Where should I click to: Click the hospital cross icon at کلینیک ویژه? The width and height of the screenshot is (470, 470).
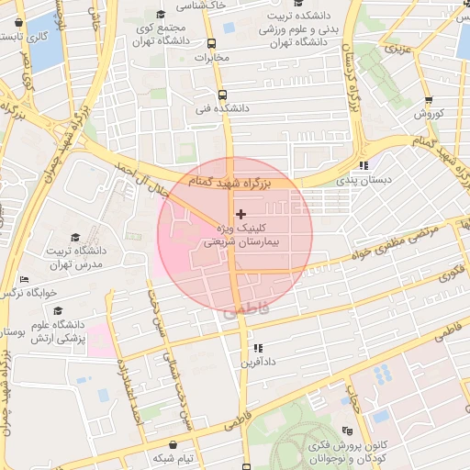(x=241, y=213)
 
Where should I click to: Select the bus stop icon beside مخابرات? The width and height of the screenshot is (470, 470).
(x=212, y=43)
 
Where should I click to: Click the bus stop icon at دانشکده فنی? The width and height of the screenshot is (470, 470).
(x=221, y=94)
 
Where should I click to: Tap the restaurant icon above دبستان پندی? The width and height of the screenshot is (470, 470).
(x=364, y=166)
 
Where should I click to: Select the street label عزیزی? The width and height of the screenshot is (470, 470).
(x=397, y=48)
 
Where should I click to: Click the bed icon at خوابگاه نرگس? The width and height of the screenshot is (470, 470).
(x=25, y=279)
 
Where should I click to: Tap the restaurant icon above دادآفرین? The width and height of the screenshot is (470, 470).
(x=259, y=349)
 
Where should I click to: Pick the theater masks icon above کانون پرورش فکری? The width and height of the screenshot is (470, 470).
(x=347, y=431)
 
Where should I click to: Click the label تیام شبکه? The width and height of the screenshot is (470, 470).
(x=174, y=457)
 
